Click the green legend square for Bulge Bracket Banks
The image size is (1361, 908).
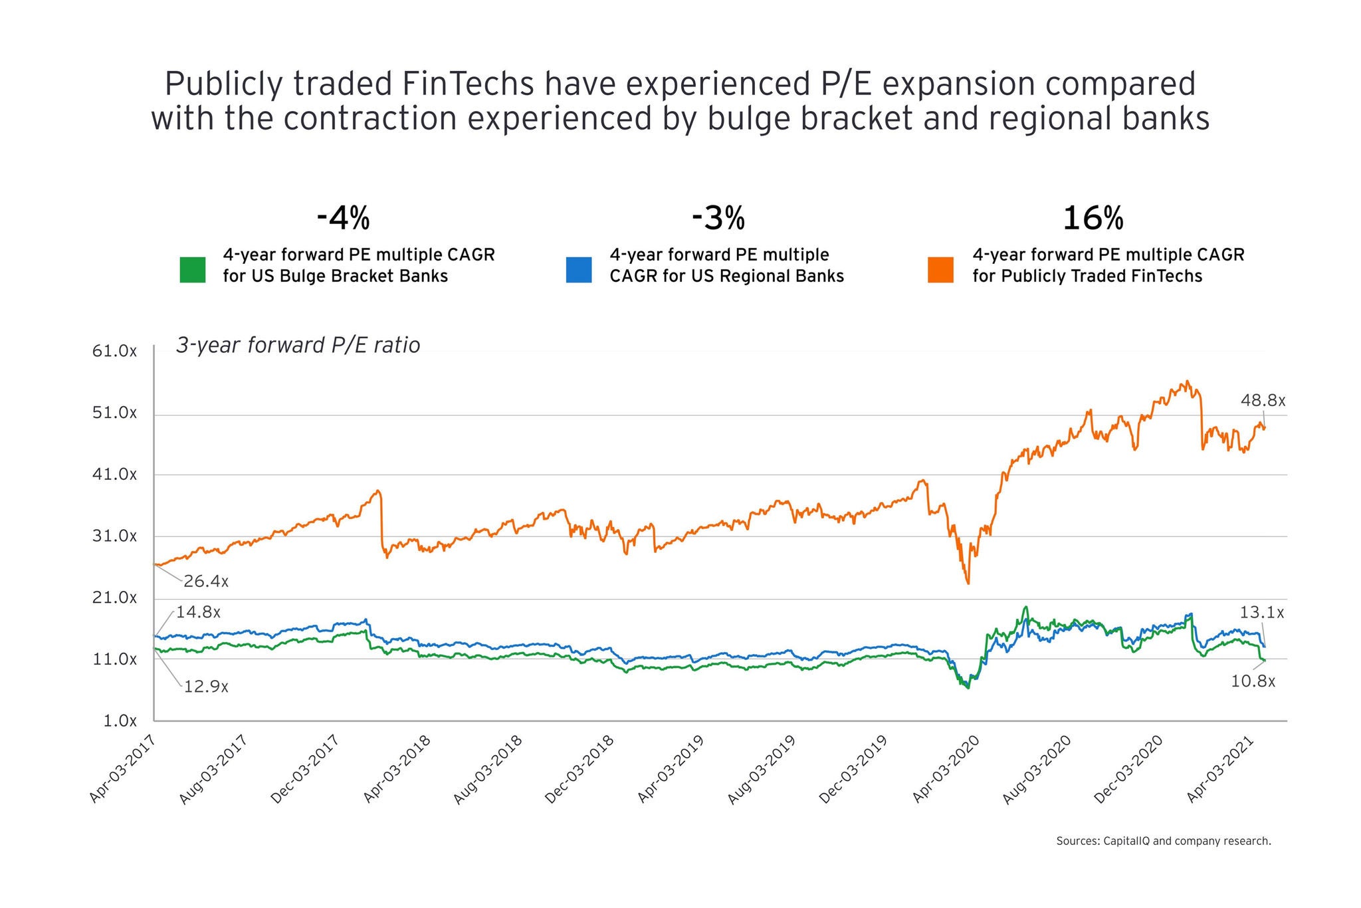click(x=193, y=270)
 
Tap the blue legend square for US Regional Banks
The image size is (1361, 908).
click(x=579, y=270)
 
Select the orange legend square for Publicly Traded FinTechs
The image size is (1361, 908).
click(x=940, y=270)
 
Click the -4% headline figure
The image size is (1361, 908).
click(x=343, y=218)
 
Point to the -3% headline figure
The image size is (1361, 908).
click(x=718, y=218)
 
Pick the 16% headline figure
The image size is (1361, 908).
click(x=1093, y=218)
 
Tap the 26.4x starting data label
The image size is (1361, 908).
click(x=206, y=582)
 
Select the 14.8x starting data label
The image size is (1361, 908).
click(x=198, y=612)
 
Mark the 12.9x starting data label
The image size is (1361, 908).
click(x=206, y=687)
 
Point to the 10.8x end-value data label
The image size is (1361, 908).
click(x=1253, y=681)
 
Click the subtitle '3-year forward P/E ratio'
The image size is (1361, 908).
click(x=298, y=346)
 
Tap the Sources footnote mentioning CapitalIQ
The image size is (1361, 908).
click(x=1163, y=842)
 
